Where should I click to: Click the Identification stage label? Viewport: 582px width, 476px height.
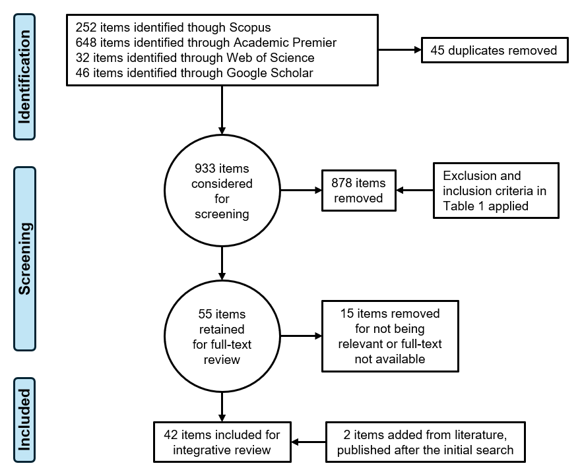click(24, 76)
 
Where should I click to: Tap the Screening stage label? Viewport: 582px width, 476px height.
click(24, 258)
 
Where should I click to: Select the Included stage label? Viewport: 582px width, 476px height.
click(24, 420)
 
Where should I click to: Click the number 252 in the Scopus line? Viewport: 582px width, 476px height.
click(86, 28)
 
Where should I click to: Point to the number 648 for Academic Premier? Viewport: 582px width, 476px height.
click(86, 43)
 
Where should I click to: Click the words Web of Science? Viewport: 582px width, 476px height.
click(271, 58)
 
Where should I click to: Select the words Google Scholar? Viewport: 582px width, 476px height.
click(270, 73)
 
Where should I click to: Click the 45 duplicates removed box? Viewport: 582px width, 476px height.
click(495, 50)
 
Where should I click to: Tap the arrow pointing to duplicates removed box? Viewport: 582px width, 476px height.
click(400, 49)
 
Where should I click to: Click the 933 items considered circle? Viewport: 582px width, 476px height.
click(222, 191)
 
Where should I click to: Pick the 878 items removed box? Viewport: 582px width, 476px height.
click(359, 191)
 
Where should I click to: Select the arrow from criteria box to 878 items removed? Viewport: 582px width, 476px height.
click(415, 190)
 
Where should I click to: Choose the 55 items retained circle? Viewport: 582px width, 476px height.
click(222, 336)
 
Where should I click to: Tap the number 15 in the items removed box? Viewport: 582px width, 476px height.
click(347, 314)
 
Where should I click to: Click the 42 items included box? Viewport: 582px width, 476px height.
click(222, 442)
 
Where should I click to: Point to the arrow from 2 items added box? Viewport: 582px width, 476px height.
click(308, 442)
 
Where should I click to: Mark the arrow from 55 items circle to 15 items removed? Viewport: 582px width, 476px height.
click(301, 336)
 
